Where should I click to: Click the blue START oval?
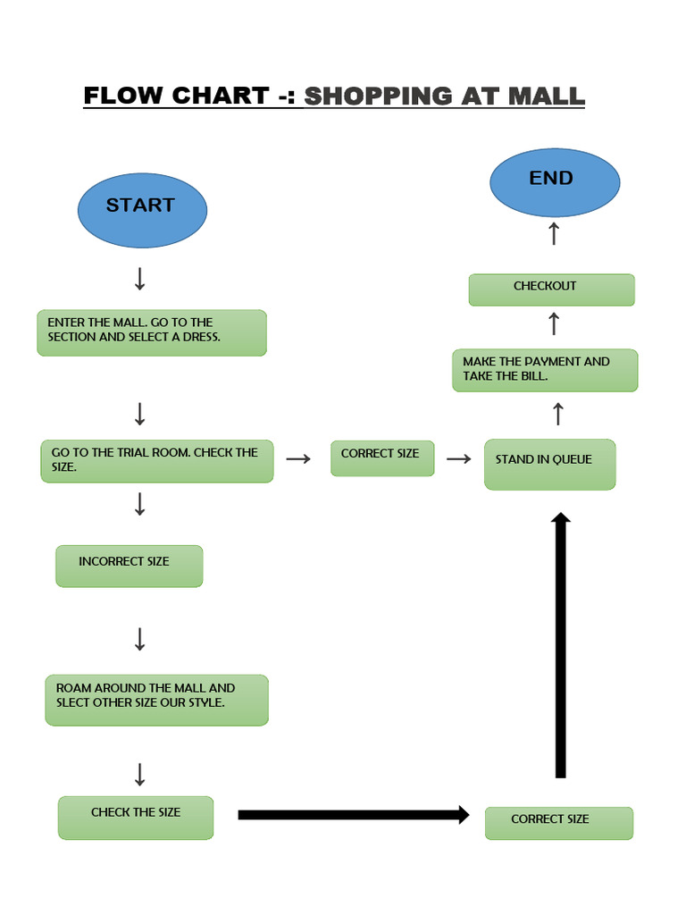click(142, 210)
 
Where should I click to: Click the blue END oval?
click(554, 182)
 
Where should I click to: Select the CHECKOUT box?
click(551, 290)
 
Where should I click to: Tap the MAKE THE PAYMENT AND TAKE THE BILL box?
click(545, 370)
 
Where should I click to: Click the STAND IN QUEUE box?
click(549, 464)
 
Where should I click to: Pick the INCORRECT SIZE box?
click(129, 566)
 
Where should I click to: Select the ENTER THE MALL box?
click(151, 332)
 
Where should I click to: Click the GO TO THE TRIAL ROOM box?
click(156, 461)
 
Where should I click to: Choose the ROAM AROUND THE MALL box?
click(156, 700)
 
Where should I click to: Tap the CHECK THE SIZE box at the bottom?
click(136, 817)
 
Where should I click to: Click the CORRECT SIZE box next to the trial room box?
click(382, 457)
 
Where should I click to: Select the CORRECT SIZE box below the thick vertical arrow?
click(558, 822)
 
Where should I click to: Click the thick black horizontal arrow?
click(353, 814)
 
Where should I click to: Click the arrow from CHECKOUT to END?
click(554, 234)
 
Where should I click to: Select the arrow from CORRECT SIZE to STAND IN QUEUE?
click(458, 458)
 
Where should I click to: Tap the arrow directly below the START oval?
click(139, 279)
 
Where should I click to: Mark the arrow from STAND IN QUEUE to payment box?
click(558, 414)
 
